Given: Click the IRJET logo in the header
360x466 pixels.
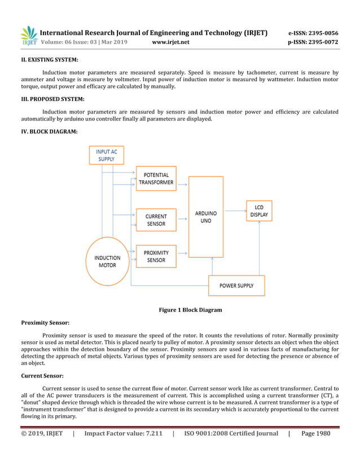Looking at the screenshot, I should [x=29, y=36].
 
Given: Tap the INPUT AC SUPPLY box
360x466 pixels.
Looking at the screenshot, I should [x=106, y=155].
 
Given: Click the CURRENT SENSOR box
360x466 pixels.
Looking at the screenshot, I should [x=156, y=220].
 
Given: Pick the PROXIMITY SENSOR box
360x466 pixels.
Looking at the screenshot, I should [x=156, y=256].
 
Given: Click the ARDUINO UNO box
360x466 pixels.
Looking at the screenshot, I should [x=206, y=217].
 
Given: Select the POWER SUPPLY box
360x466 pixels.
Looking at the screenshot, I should [x=236, y=285].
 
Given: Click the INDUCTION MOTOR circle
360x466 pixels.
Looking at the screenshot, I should [x=107, y=261].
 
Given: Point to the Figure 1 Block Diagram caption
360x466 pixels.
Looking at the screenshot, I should [x=190, y=310].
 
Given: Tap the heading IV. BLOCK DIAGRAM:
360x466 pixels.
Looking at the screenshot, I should [x=50, y=131].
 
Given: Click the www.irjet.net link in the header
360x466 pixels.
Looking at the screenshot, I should [x=171, y=42].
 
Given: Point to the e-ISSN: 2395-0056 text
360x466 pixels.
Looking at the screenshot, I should [x=313, y=33].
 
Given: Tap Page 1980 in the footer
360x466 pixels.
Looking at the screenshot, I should [x=316, y=433].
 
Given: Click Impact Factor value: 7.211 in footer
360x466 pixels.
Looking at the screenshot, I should [x=123, y=433].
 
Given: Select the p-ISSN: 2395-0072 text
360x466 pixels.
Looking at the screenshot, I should [x=313, y=42].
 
